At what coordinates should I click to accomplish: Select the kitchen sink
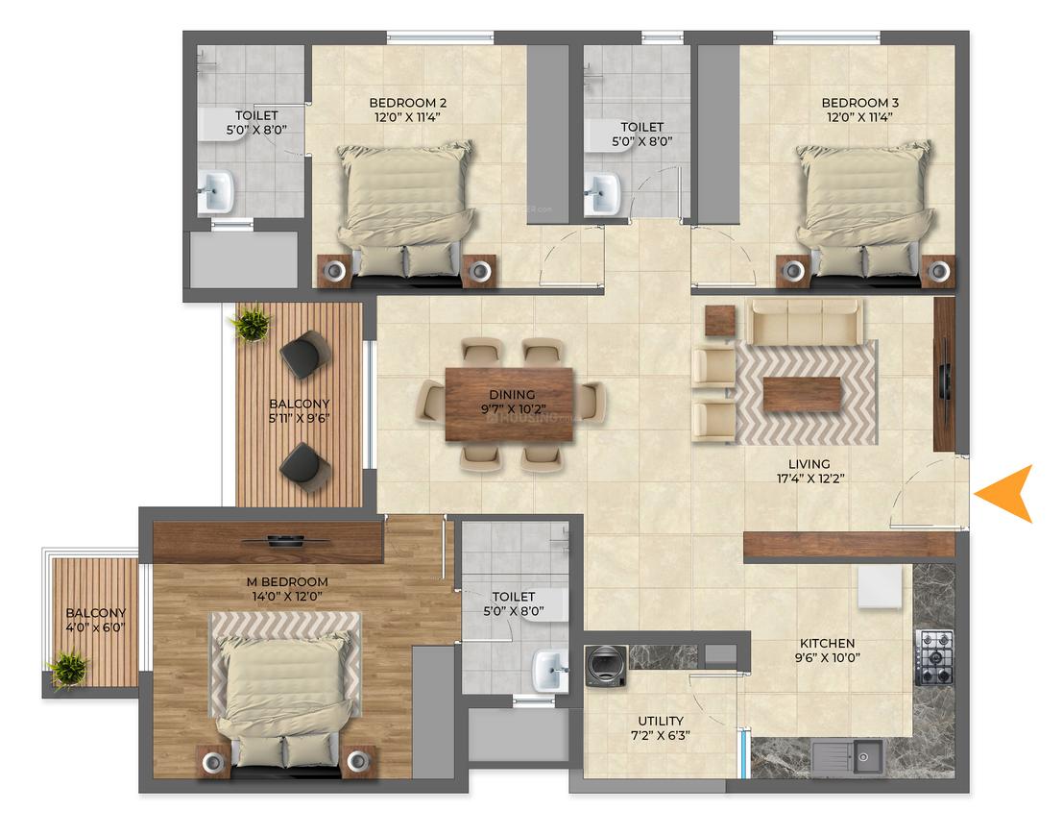[848, 756]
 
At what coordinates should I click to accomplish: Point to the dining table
[509, 405]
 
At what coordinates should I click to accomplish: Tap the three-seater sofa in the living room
[804, 322]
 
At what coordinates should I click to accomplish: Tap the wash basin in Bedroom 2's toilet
[216, 191]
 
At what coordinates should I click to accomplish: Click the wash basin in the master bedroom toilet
[550, 670]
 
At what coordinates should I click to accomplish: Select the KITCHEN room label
[827, 643]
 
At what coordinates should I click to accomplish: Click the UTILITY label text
[661, 721]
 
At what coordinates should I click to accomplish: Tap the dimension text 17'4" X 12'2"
[810, 479]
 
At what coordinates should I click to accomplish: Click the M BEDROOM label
[287, 581]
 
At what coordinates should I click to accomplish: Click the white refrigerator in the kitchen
[880, 587]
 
